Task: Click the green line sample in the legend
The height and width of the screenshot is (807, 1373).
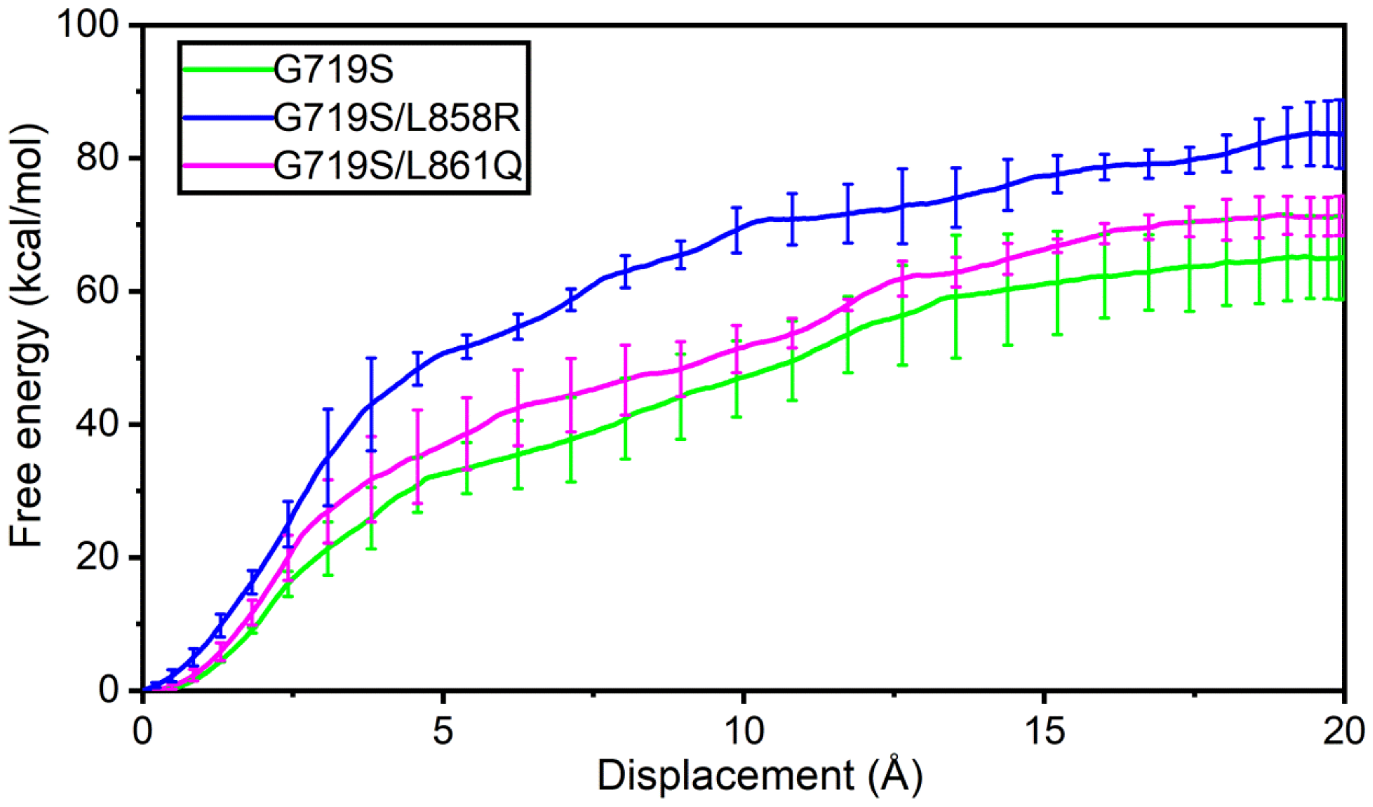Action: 228,69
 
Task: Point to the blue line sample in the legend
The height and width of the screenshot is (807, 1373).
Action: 228,117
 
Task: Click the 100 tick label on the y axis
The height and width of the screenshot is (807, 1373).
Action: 88,25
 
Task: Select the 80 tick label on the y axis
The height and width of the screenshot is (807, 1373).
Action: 98,158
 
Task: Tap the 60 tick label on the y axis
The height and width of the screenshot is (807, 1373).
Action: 98,291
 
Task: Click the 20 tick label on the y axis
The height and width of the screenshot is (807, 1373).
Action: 98,557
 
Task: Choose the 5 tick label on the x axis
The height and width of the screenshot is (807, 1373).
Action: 443,731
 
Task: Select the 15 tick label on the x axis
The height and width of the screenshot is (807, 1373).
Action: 1044,731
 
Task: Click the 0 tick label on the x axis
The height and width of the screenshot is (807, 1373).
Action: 143,731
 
